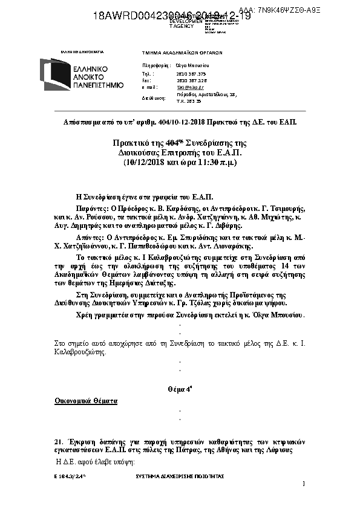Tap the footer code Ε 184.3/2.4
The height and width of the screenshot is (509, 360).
tap(70, 477)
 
